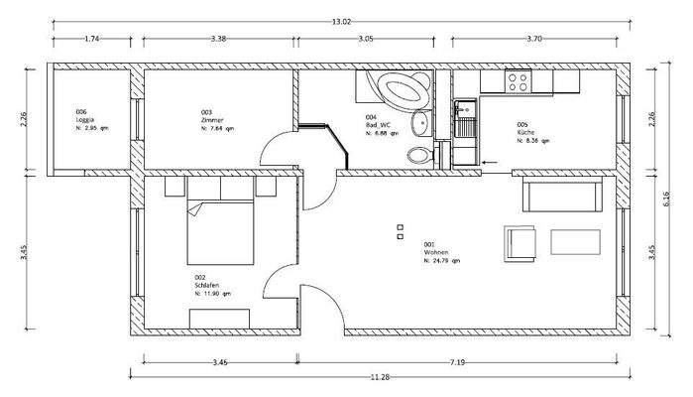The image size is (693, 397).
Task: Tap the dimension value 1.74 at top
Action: (x=91, y=39)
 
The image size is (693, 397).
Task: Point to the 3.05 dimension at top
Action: (x=365, y=39)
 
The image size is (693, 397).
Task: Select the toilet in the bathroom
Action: (x=419, y=155)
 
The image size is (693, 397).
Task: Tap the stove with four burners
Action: (x=518, y=80)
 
